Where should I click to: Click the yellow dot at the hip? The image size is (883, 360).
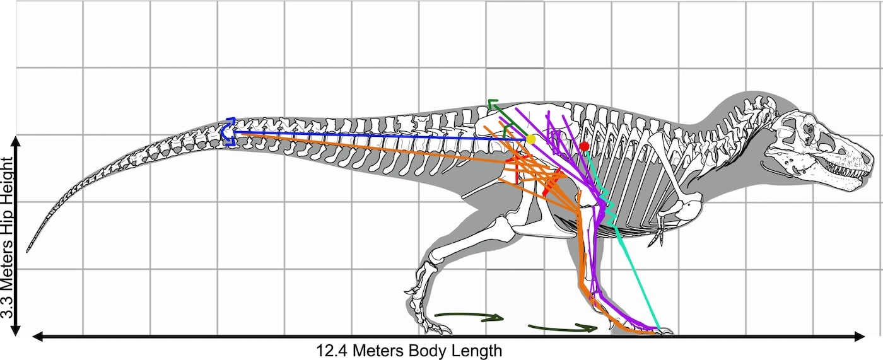[x=530, y=139]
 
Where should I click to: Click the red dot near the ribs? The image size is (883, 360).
[x=585, y=146]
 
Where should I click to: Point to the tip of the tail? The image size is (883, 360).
[x=27, y=252]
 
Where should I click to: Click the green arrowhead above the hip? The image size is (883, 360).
[x=492, y=103]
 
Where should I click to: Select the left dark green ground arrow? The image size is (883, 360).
[x=469, y=316]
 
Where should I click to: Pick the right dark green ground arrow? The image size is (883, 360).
[x=563, y=328]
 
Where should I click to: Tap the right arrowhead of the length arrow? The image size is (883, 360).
[x=860, y=337]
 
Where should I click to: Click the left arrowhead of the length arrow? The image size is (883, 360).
[x=37, y=337]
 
